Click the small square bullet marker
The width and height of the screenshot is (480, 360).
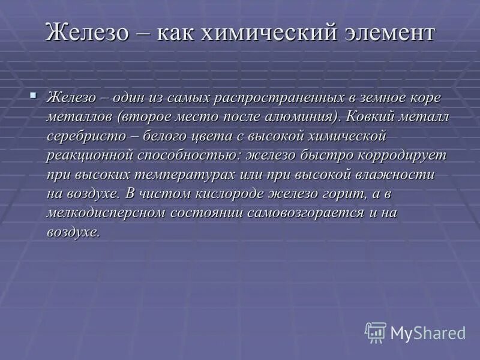point(34,94)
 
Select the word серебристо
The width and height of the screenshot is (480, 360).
point(87,136)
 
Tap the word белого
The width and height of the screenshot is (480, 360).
point(171,136)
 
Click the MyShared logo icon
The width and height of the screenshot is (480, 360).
point(375,332)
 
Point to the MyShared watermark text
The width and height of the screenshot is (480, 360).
point(428,332)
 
